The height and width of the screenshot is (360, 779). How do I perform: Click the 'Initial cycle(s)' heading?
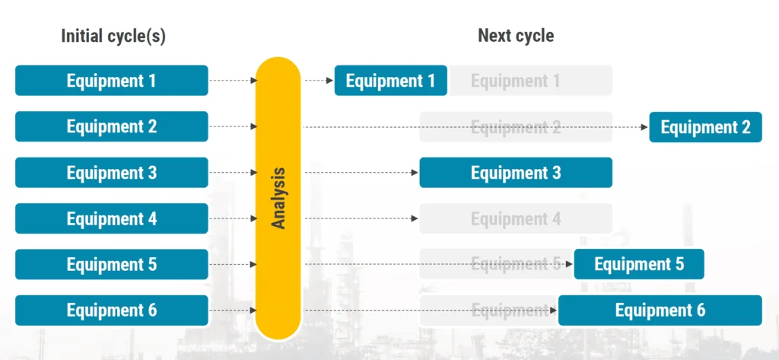[113, 36]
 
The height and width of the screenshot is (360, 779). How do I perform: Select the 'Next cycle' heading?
[515, 36]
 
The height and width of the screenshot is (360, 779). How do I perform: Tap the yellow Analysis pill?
[278, 198]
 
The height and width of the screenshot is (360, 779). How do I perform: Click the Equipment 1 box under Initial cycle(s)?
[111, 81]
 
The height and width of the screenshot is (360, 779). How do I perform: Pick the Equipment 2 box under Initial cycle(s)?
[111, 126]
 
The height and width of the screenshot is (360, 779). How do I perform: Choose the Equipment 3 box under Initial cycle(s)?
[111, 173]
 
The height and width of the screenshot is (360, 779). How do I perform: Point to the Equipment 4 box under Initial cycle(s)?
[111, 218]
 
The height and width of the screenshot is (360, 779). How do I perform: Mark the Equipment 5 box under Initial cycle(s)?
[111, 264]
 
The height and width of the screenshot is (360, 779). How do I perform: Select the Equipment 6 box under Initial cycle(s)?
[111, 311]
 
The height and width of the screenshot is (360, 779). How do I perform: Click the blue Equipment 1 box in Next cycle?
[390, 81]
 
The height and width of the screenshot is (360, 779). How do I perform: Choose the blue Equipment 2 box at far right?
[705, 127]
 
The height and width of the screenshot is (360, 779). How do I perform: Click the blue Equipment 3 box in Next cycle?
[515, 173]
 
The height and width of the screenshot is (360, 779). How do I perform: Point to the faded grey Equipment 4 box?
[515, 218]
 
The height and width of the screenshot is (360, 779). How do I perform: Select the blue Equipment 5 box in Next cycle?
[639, 264]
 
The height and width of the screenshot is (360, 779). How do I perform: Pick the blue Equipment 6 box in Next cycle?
[660, 311]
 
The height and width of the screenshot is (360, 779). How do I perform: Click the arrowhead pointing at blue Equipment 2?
[644, 127]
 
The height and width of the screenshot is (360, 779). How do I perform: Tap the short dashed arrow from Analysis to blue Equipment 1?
[317, 81]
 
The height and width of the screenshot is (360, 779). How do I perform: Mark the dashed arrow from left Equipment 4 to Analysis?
[232, 218]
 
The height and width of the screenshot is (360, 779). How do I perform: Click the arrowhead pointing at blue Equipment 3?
[415, 173]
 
